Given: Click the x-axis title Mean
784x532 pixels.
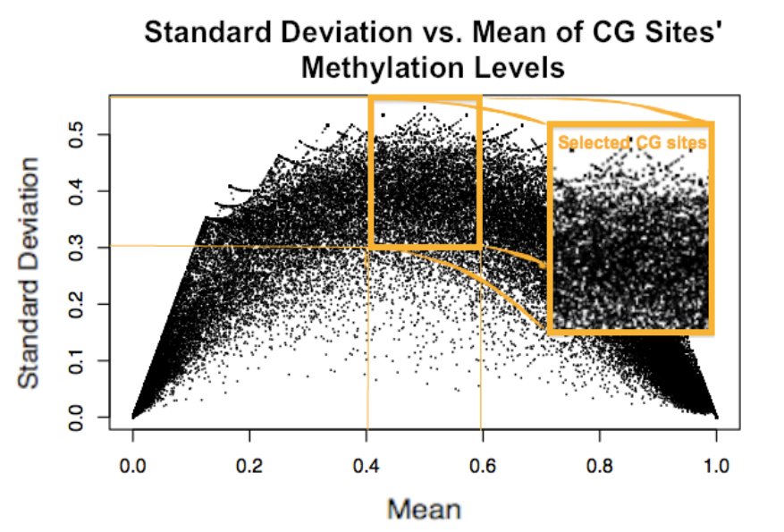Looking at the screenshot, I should [425, 509].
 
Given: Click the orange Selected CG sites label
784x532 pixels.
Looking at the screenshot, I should [632, 142].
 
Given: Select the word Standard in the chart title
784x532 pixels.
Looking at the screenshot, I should [207, 33].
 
